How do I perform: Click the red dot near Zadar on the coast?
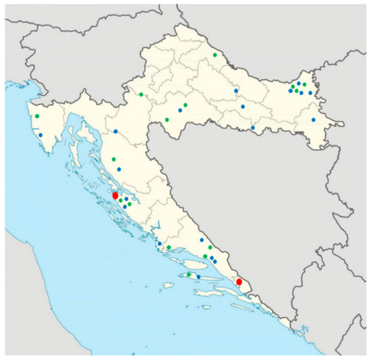pyautogui.click(x=115, y=196)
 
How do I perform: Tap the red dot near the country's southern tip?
pyautogui.click(x=239, y=281)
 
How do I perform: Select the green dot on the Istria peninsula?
pyautogui.click(x=38, y=116)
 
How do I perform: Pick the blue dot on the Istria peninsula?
pyautogui.click(x=40, y=135)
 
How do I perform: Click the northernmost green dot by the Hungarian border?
pyautogui.click(x=215, y=55)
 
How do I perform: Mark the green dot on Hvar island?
pyautogui.click(x=188, y=274)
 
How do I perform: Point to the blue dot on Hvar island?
pyautogui.click(x=198, y=276)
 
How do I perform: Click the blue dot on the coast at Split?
pyautogui.click(x=159, y=244)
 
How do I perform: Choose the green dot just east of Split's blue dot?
pyautogui.click(x=169, y=247)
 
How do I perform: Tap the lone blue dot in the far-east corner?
pyautogui.click(x=314, y=119)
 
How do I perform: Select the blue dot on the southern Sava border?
pyautogui.click(x=252, y=127)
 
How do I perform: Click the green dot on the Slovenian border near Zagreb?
pyautogui.click(x=141, y=94)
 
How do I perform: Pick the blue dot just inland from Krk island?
pyautogui.click(x=115, y=131)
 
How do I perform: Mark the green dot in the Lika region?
pyautogui.click(x=113, y=159)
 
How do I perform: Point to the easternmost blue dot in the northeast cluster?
pyautogui.click(x=310, y=92)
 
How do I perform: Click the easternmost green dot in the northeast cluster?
pyautogui.click(x=304, y=84)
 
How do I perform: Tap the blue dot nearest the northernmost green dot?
pyautogui.click(x=236, y=90)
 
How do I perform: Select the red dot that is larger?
pyautogui.click(x=115, y=196)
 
